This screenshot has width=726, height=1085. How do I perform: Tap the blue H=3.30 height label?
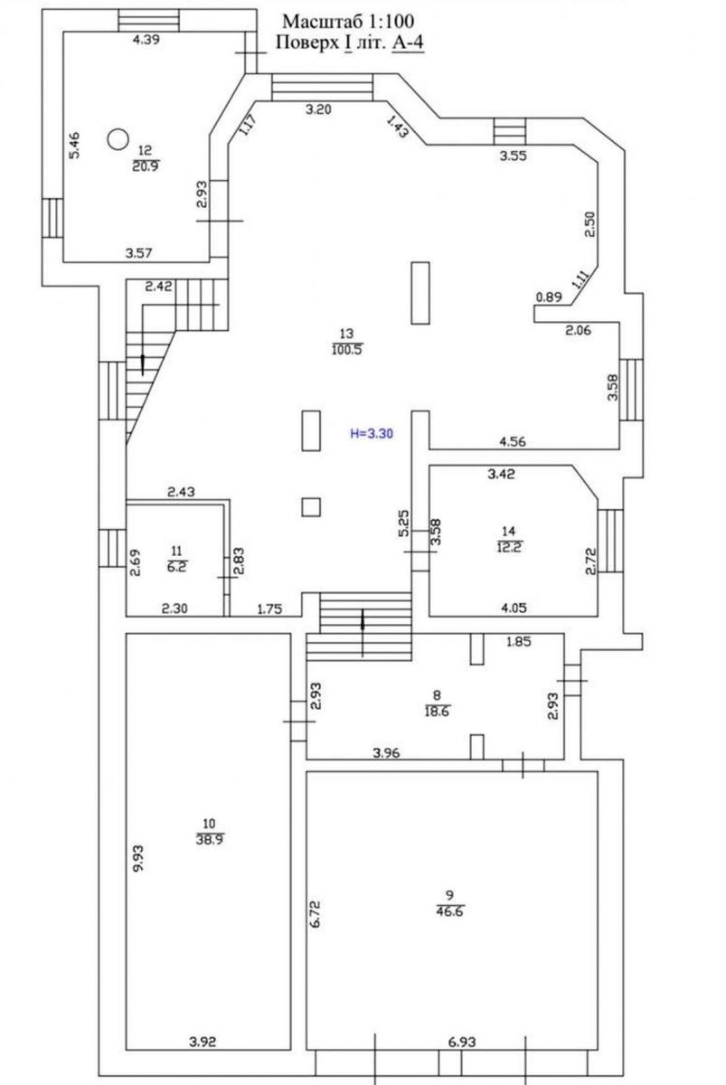[372, 433]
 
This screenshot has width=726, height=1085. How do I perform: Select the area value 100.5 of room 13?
[347, 349]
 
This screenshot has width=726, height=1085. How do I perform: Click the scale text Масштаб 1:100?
[348, 22]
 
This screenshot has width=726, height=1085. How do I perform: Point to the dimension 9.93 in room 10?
[138, 858]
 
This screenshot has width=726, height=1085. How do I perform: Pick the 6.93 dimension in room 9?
[462, 1039]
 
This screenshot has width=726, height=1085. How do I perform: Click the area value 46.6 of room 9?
[449, 911]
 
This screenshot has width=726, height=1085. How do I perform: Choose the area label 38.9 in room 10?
[210, 839]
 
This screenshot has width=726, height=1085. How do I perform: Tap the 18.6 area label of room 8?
[437, 712]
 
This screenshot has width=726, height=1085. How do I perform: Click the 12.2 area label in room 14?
[509, 547]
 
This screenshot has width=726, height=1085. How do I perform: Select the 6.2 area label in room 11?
[177, 566]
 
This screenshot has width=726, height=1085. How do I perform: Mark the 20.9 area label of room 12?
[146, 165]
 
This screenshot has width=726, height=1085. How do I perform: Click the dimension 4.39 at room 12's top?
[146, 40]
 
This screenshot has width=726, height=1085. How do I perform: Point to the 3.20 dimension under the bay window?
[318, 109]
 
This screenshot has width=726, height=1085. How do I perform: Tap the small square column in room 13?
[311, 507]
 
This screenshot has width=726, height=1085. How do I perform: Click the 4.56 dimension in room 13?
[513, 441]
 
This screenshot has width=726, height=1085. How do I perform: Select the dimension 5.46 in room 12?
[75, 146]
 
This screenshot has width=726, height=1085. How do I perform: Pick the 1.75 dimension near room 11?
[269, 609]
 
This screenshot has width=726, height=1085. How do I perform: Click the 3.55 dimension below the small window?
[513, 156]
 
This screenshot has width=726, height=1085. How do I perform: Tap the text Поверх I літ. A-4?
[350, 42]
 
